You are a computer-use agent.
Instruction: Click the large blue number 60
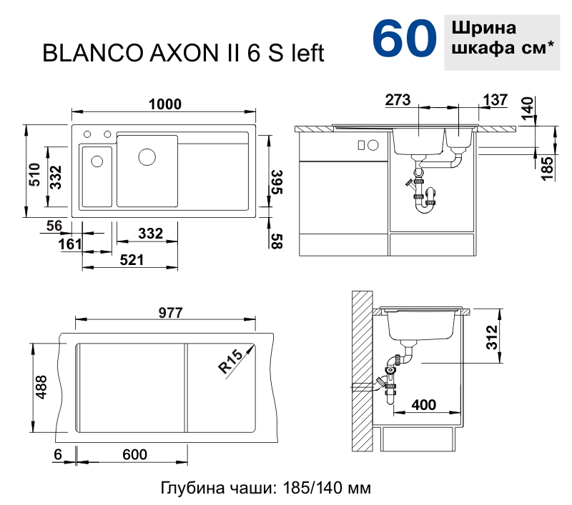[x=404, y=39]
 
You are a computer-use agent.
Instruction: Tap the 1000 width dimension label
[x=165, y=104]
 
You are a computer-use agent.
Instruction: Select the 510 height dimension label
[x=35, y=174]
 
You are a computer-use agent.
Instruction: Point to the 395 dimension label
[x=276, y=182]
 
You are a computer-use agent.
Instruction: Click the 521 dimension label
[x=132, y=260]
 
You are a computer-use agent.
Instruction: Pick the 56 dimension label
[x=54, y=226]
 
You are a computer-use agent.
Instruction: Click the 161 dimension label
[x=70, y=244]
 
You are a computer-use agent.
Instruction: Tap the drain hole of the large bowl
[x=147, y=157]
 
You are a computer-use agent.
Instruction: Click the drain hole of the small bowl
[x=97, y=161]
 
